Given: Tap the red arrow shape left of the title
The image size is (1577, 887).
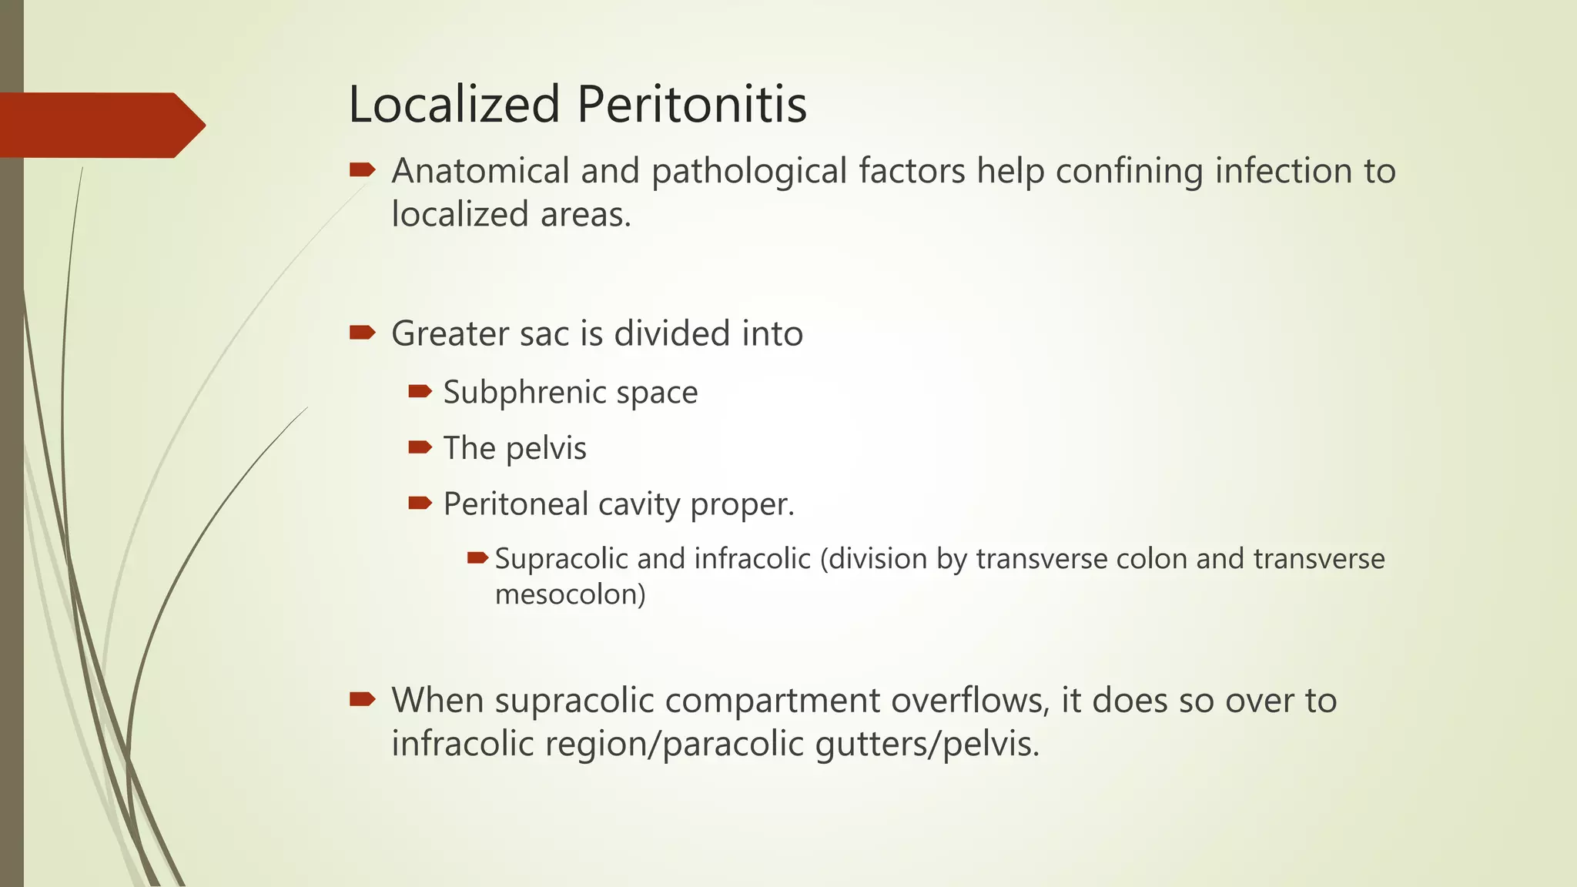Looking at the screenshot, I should (x=100, y=125).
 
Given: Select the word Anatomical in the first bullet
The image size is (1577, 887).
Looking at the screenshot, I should (x=480, y=171).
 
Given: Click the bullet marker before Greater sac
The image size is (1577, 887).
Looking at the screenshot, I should (x=362, y=333).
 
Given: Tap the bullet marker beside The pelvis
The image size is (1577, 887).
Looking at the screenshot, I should (x=420, y=447).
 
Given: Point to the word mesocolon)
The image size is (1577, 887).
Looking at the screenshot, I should (x=570, y=594).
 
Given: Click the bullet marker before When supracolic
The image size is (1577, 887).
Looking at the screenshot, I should (x=362, y=699).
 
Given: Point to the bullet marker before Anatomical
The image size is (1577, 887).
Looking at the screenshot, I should (x=362, y=169).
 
